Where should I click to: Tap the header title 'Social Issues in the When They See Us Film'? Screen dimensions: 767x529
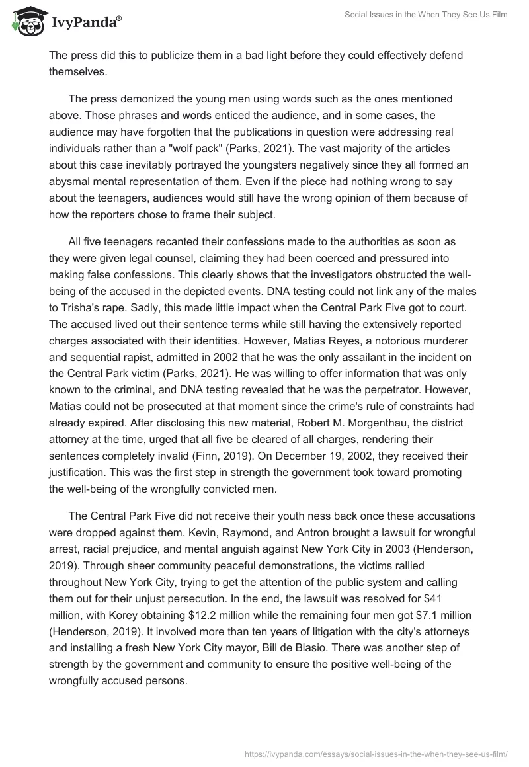[x=426, y=15]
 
